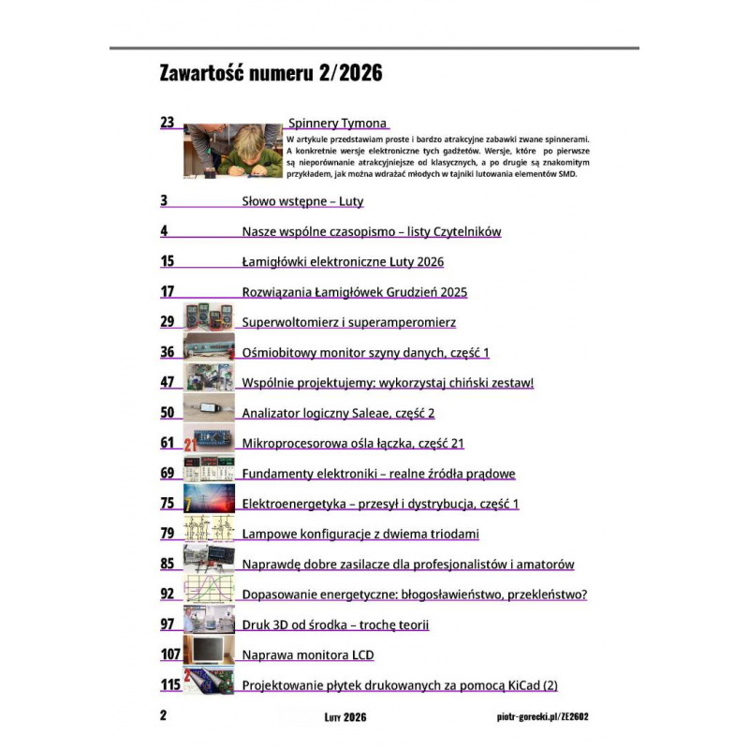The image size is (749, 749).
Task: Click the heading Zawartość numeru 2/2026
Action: (272, 74)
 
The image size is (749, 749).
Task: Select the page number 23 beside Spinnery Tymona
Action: (168, 123)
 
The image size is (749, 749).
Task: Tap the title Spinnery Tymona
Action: (337, 124)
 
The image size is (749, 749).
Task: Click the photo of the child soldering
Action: (232, 151)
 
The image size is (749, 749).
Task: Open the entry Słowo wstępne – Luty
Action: (302, 201)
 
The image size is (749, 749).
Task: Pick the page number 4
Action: (164, 231)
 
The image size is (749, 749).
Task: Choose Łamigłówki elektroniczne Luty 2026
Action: (343, 262)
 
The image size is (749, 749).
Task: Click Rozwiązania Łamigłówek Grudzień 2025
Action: (354, 292)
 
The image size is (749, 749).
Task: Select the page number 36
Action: (168, 352)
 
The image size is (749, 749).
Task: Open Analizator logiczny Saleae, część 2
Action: (338, 413)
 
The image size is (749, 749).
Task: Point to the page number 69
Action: (168, 474)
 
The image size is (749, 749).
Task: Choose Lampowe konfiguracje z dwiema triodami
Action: (360, 534)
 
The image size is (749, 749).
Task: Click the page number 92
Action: (168, 594)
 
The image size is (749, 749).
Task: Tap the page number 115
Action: (170, 685)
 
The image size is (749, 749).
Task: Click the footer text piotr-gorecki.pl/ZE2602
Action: (544, 717)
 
